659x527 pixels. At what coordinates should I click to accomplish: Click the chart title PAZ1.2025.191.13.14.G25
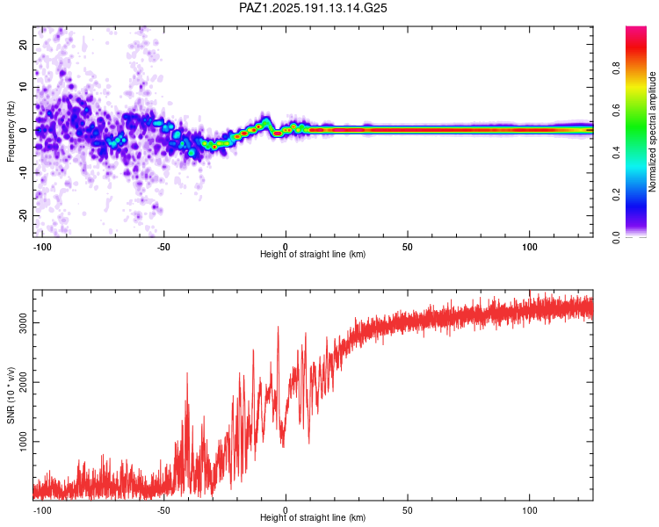click(x=313, y=8)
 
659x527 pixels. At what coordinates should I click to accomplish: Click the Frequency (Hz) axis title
click(x=11, y=132)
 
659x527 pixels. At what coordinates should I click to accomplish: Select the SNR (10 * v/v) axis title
click(x=11, y=395)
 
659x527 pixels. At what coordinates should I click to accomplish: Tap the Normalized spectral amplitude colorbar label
click(x=652, y=132)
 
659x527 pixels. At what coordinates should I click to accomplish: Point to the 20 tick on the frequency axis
click(x=23, y=44)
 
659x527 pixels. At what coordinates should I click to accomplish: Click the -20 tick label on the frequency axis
click(x=23, y=215)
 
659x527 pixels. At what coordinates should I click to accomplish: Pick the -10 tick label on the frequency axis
click(x=23, y=172)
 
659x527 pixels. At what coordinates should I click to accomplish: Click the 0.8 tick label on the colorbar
click(x=616, y=69)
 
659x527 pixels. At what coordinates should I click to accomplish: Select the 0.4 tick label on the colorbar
click(x=616, y=153)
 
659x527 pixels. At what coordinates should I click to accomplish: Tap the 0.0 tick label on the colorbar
click(x=616, y=237)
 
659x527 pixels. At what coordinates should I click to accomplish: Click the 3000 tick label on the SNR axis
click(x=23, y=322)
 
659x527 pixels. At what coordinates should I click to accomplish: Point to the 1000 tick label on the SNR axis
click(x=23, y=441)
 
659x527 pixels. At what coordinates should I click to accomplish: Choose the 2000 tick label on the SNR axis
click(x=23, y=382)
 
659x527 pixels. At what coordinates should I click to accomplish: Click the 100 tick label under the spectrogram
click(x=530, y=247)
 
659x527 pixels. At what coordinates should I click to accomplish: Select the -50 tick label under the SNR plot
click(x=163, y=510)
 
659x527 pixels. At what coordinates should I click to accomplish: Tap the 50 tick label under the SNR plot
click(x=407, y=510)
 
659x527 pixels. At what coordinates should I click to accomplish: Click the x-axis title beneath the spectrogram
click(x=313, y=254)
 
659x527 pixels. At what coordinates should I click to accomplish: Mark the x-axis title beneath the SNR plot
click(x=313, y=517)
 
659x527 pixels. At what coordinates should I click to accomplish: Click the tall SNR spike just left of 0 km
click(x=278, y=327)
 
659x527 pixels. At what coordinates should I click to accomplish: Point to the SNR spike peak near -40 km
click(x=187, y=373)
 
